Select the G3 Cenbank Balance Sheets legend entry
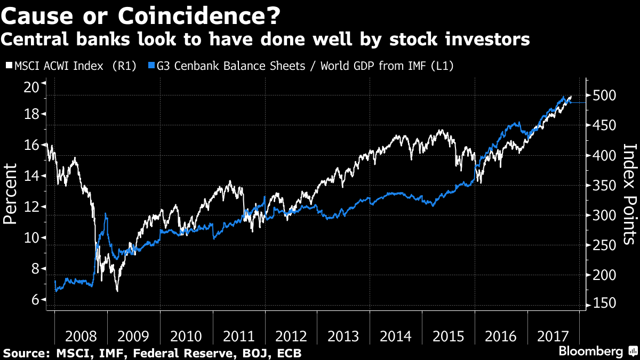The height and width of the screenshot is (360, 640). coord(304,66)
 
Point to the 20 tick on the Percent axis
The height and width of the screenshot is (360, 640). coord(33,86)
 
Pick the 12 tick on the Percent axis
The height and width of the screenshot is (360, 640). coord(33,207)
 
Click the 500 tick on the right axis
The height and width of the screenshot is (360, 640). coord(603,96)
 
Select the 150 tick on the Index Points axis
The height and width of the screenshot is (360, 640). coord(603,304)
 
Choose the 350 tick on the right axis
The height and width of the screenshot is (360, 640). coord(603,186)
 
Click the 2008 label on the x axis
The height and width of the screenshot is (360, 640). coord(81,337)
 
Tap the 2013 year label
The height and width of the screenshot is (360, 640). coord(343,337)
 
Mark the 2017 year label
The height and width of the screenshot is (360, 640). coord(553,337)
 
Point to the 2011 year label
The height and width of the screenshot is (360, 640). coord(238,337)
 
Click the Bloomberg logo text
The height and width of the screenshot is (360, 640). coord(590,351)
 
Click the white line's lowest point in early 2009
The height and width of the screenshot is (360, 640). coord(117,291)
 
